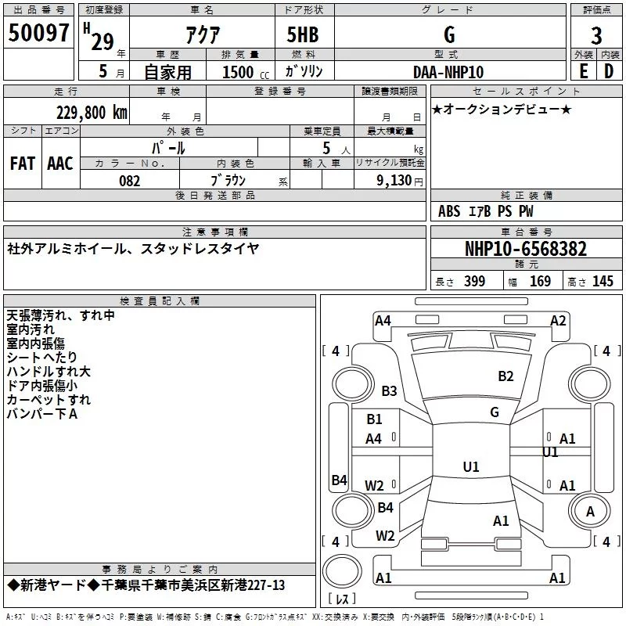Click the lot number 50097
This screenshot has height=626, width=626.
click(38, 33)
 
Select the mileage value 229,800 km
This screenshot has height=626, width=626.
click(92, 113)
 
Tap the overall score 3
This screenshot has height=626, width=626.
click(596, 35)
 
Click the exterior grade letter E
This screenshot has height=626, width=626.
click(584, 71)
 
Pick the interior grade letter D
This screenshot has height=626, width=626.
click(609, 71)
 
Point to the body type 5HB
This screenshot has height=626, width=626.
click(303, 34)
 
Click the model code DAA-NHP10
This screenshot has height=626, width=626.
click(448, 72)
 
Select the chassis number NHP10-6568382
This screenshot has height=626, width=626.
click(526, 249)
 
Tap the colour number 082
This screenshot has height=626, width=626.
click(130, 181)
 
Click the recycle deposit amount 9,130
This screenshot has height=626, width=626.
click(394, 181)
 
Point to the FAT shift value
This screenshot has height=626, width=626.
click(23, 164)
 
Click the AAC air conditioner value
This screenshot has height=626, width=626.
click(60, 164)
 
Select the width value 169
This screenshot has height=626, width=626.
click(540, 281)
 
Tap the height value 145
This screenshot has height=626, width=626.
click(603, 281)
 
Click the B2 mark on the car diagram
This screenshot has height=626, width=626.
click(505, 376)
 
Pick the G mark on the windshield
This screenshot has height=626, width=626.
click(495, 412)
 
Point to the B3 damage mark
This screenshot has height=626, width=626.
click(389, 390)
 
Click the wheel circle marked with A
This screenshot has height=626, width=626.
click(590, 512)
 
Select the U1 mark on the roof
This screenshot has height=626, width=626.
click(471, 466)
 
